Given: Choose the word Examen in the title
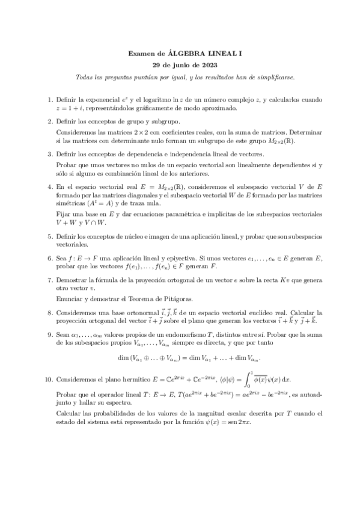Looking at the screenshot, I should tap(141, 54).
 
